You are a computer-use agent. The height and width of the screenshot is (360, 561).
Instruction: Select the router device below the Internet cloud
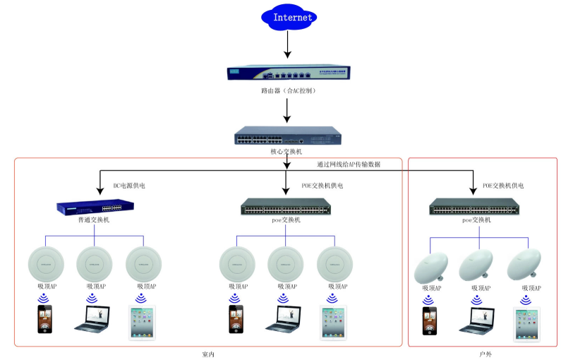click(287, 73)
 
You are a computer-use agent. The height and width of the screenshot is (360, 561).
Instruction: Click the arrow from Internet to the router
click(286, 44)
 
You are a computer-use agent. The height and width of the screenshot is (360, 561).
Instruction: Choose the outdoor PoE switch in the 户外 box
click(474, 208)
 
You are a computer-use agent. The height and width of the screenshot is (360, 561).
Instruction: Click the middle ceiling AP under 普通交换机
click(95, 263)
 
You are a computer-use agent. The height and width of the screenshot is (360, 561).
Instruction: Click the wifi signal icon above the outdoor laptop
click(476, 299)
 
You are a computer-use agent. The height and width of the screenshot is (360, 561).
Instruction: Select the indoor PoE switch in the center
click(285, 208)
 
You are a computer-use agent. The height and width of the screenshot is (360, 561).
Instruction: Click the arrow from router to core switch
click(286, 112)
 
